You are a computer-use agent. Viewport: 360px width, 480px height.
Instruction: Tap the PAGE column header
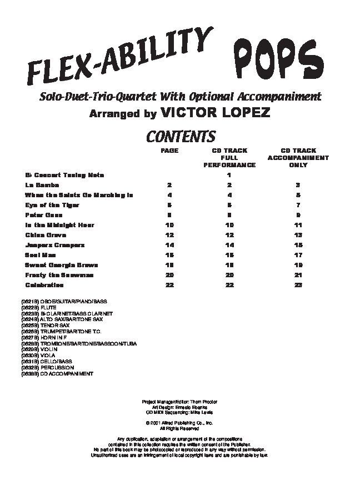pyautogui.click(x=169, y=151)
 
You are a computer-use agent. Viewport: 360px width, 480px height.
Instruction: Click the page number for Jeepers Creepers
pyautogui.click(x=169, y=245)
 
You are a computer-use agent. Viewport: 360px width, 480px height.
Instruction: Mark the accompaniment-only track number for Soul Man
pyautogui.click(x=298, y=255)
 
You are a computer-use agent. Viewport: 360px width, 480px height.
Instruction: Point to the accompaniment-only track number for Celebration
pyautogui.click(x=298, y=285)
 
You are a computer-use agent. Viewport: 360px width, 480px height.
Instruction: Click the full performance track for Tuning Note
pyautogui.click(x=229, y=175)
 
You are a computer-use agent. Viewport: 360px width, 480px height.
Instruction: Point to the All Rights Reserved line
pyautogui.click(x=178, y=428)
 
